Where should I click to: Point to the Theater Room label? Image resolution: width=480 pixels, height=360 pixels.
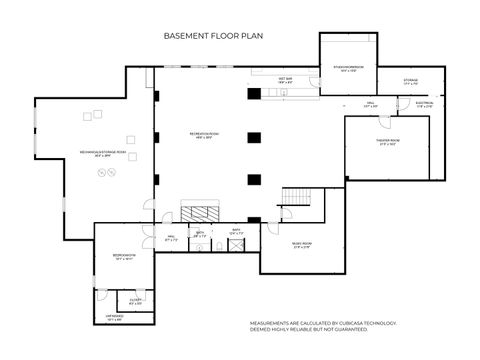click(388, 141)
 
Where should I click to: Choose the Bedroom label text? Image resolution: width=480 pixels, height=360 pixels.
click(124, 256)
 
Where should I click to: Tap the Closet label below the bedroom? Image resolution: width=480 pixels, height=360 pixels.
click(136, 302)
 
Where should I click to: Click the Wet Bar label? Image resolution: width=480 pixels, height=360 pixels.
click(285, 78)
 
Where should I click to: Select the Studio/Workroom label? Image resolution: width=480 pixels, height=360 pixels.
click(347, 70)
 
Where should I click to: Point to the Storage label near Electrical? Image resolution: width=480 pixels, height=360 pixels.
click(411, 82)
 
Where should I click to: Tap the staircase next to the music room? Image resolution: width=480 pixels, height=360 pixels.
click(297, 197)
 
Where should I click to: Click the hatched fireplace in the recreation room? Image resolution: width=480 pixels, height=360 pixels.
click(198, 213)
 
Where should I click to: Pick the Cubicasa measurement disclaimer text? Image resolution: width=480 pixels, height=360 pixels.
click(323, 326)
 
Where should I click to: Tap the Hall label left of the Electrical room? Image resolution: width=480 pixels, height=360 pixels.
click(369, 104)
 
